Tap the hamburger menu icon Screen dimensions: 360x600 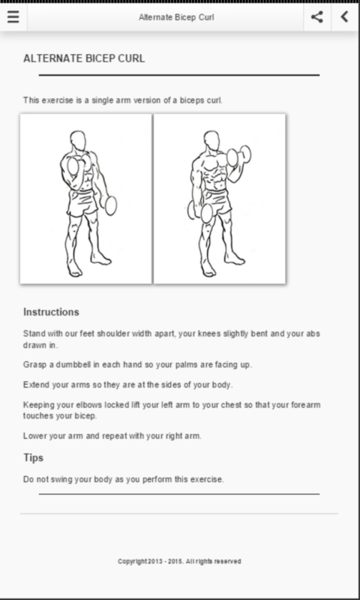tap(13, 16)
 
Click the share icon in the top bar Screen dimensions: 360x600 tap(316, 16)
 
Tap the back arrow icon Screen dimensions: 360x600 tap(345, 16)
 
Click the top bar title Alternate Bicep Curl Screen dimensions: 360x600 tap(176, 17)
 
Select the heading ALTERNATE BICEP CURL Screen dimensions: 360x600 tap(84, 58)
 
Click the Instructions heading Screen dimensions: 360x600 tap(51, 312)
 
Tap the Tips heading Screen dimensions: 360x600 tap(33, 457)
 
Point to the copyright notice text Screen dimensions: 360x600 tap(179, 561)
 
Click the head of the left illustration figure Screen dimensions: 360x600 tap(78, 141)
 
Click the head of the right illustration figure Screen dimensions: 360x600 tap(211, 141)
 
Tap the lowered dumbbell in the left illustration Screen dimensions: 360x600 tap(110, 205)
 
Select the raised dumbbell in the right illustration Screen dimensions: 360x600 tap(239, 156)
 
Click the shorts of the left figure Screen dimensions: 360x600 tap(82, 202)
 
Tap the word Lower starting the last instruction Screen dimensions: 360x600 tap(34, 436)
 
